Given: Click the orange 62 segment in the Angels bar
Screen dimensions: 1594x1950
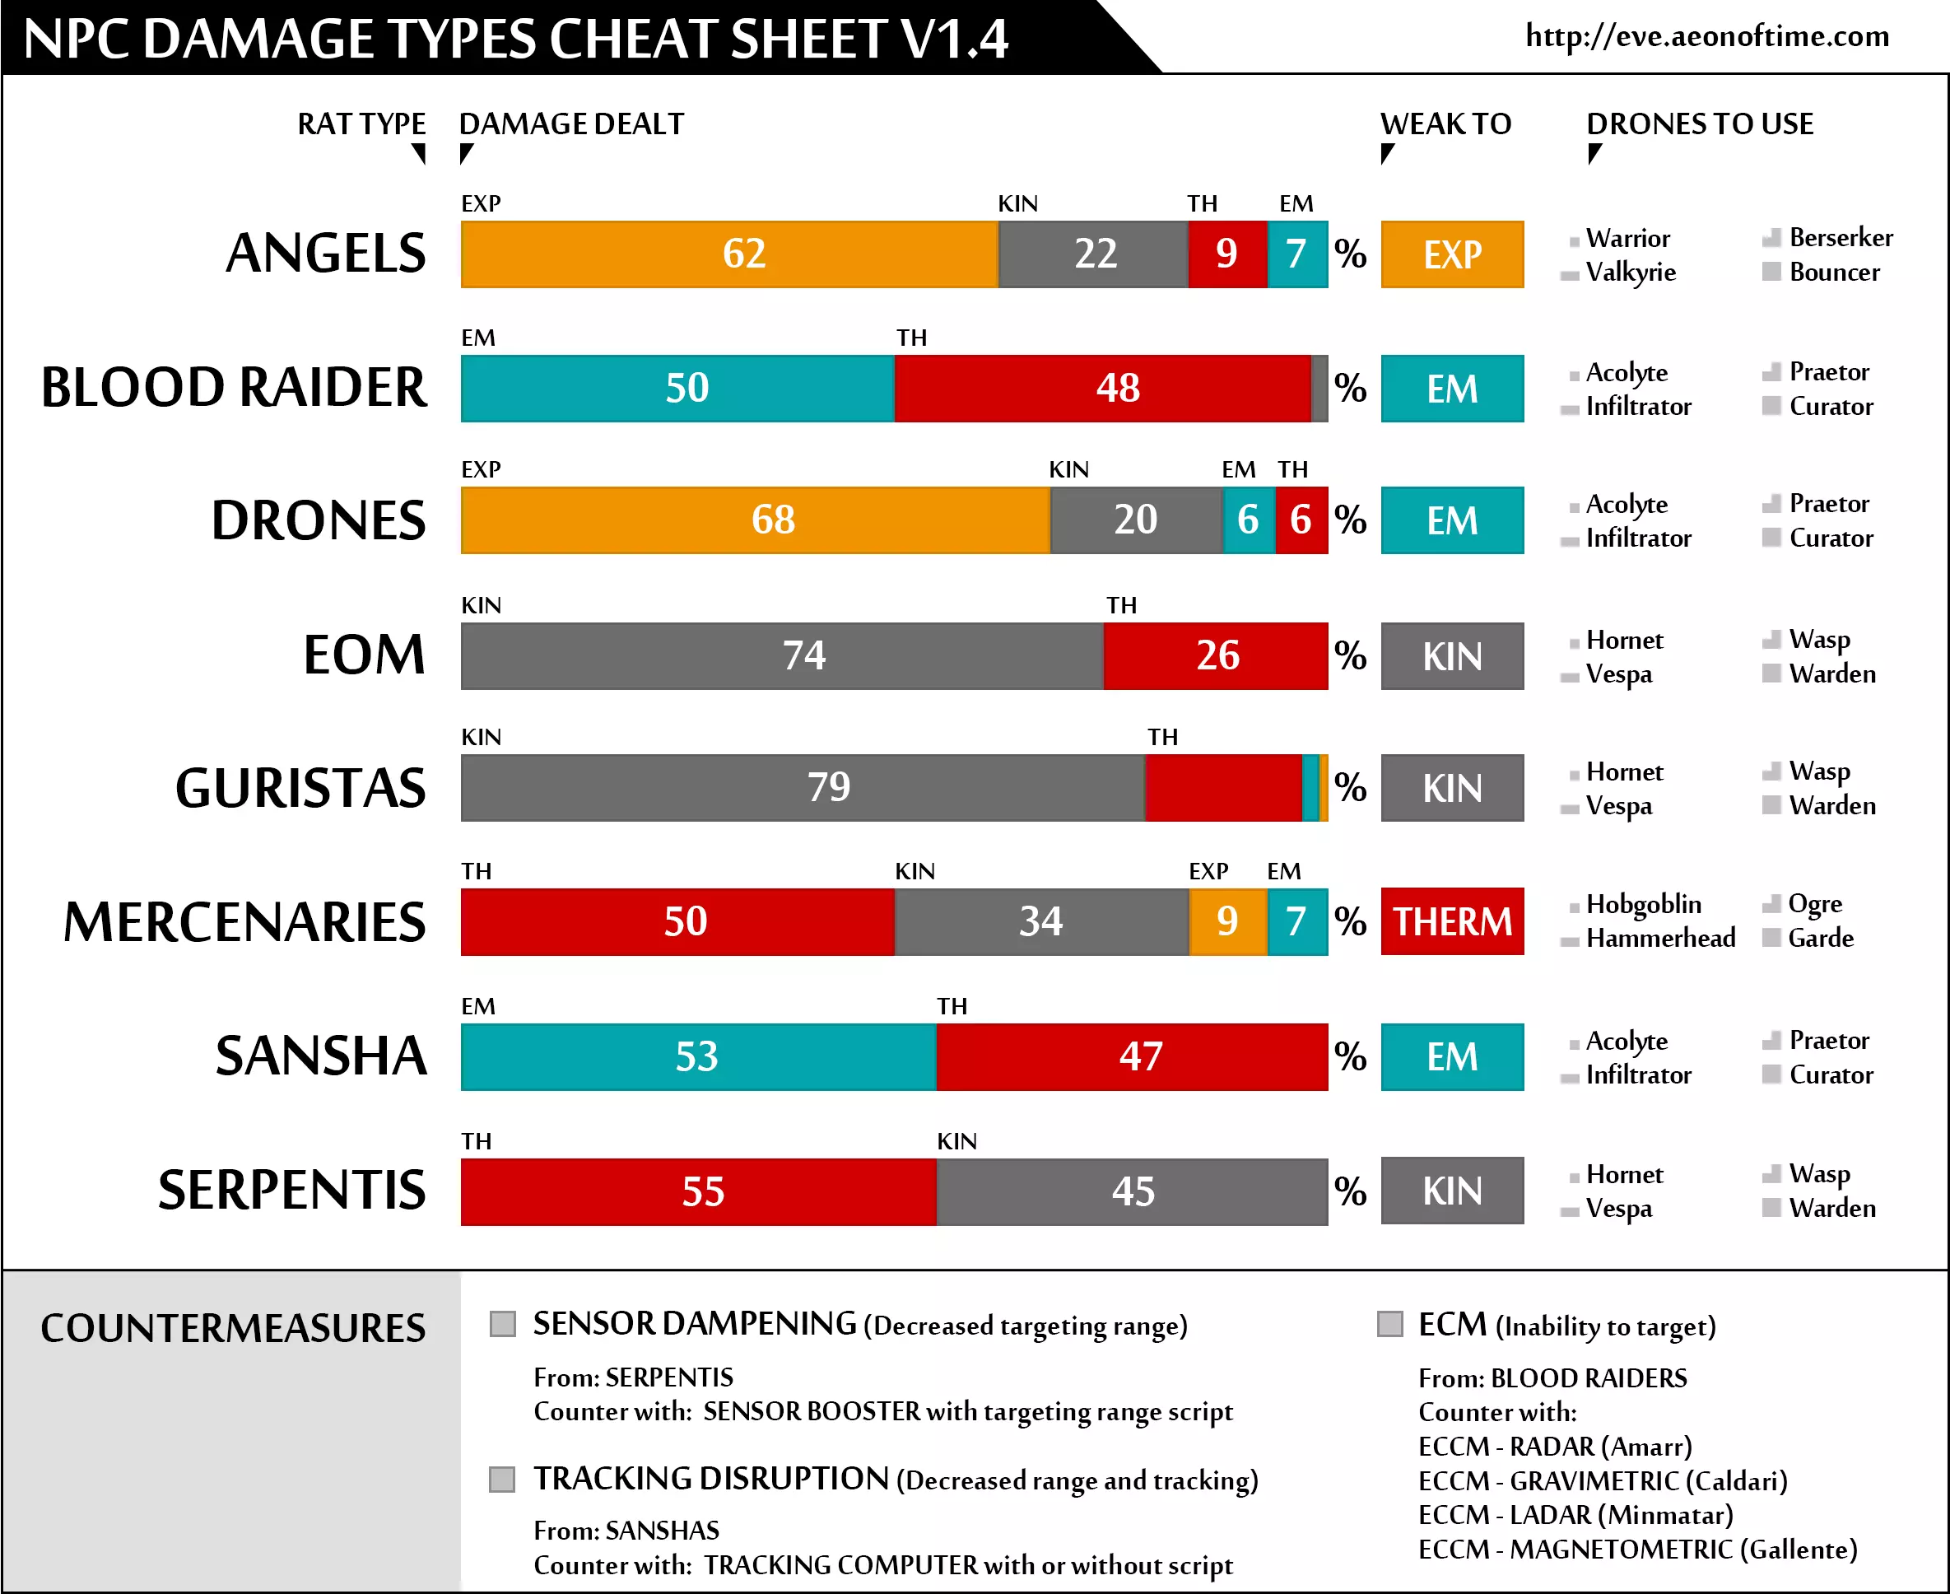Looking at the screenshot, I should tap(729, 254).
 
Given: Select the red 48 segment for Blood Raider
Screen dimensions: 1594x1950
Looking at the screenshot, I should tap(1101, 389).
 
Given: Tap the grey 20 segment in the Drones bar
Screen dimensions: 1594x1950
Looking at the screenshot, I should tap(1136, 520).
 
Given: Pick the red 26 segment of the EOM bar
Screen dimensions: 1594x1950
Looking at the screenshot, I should tap(1216, 655).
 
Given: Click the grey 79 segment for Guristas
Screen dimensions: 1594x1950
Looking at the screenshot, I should tap(803, 788).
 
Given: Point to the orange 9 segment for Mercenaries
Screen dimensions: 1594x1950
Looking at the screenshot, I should tap(1227, 922).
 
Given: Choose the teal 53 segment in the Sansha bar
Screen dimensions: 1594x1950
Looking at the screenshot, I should tap(698, 1057).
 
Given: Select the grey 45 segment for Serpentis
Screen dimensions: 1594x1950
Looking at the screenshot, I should tap(1132, 1192).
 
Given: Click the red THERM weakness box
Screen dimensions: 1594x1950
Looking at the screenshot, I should tap(1451, 922).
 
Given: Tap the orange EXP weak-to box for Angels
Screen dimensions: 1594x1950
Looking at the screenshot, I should tap(1451, 254).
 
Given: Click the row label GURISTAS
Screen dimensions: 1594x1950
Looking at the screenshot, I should tap(301, 789).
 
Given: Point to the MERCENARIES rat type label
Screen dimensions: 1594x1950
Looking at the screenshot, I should tap(244, 923).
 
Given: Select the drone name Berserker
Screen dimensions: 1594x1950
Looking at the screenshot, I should tap(1840, 238).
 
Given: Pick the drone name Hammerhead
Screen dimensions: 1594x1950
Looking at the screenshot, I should tap(1660, 939).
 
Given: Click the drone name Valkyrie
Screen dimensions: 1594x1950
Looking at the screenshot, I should tap(1631, 273).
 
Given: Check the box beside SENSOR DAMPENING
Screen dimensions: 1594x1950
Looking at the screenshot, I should tap(502, 1324).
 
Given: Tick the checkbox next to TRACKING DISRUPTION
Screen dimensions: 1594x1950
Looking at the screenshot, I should tap(502, 1480).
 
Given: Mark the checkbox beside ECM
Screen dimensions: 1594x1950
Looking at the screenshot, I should tap(1390, 1324).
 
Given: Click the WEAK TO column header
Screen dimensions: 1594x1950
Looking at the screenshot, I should tap(1445, 124).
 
